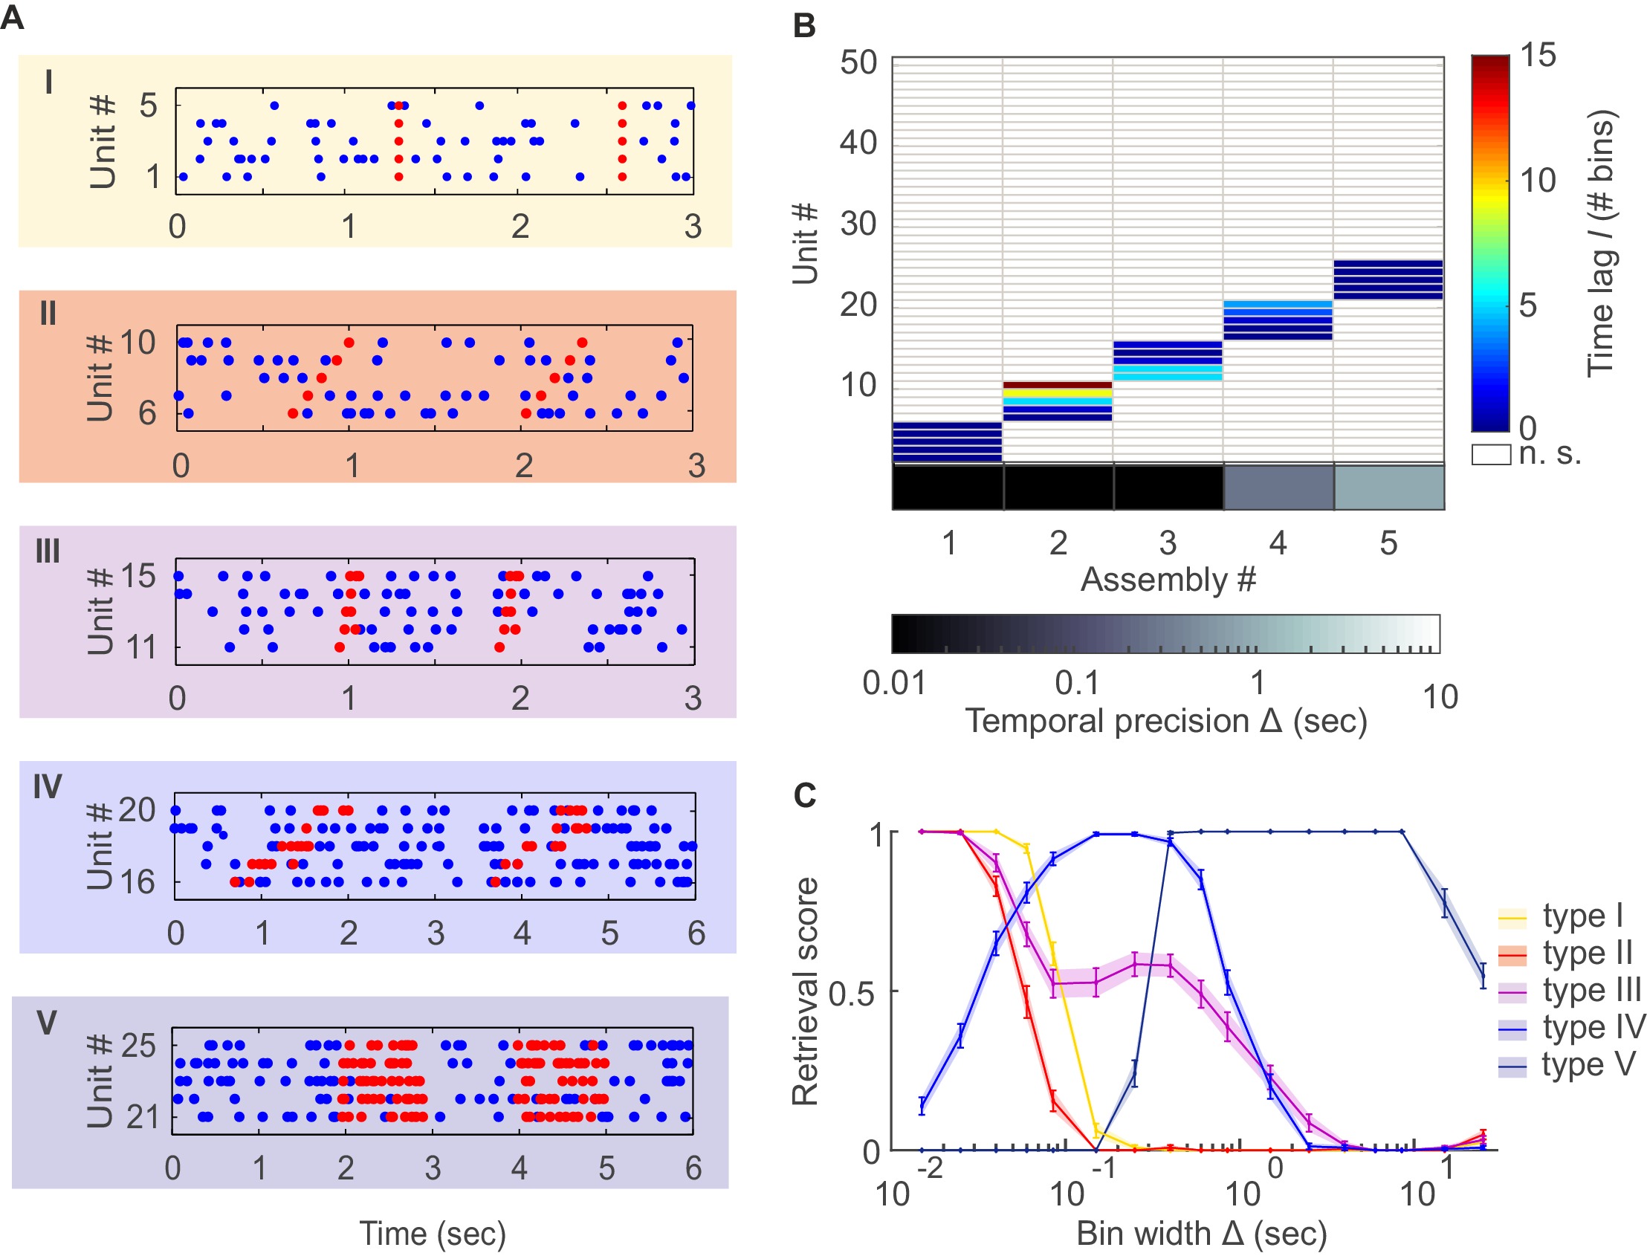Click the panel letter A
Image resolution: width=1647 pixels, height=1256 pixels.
point(13,16)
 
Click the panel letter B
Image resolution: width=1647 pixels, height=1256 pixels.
point(803,26)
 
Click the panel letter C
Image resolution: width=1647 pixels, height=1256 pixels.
point(804,795)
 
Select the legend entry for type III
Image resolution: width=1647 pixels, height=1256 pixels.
point(1592,991)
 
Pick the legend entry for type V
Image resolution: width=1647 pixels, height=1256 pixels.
point(1589,1064)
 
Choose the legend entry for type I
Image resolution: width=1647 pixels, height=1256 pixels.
point(1582,916)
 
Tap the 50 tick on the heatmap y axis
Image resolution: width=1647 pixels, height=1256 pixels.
point(858,62)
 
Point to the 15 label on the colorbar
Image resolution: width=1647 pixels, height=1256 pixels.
point(1538,55)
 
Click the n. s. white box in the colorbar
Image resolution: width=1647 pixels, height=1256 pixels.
point(1491,455)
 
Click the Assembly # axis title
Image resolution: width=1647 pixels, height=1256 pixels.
point(1168,580)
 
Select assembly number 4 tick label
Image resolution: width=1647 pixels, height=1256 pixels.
point(1278,543)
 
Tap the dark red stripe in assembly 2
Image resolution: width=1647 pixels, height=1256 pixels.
point(1057,385)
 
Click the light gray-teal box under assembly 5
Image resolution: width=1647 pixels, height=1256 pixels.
point(1388,488)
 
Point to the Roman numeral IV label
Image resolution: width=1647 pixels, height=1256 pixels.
point(47,787)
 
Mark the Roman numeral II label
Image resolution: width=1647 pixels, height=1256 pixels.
point(48,314)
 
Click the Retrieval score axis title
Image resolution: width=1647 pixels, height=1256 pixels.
point(805,992)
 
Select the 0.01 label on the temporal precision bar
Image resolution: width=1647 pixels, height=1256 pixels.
point(893,683)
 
